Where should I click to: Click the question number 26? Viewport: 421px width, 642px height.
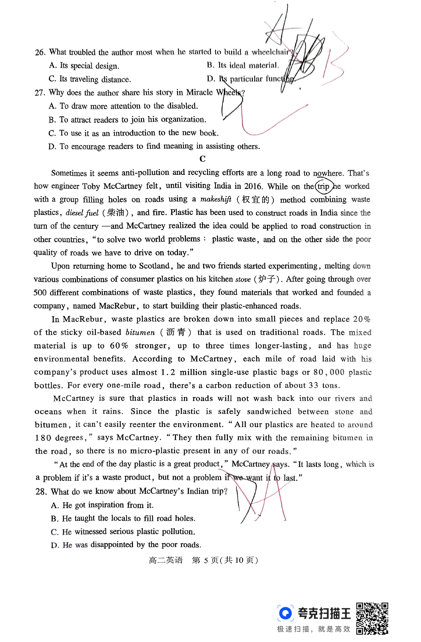40,52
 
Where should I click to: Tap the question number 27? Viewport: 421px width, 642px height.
40,93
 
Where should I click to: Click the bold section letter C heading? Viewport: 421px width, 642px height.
202,159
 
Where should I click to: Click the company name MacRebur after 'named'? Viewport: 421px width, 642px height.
117,306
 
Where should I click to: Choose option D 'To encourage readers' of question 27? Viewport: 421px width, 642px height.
154,146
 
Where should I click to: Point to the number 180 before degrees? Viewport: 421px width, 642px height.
43,438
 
